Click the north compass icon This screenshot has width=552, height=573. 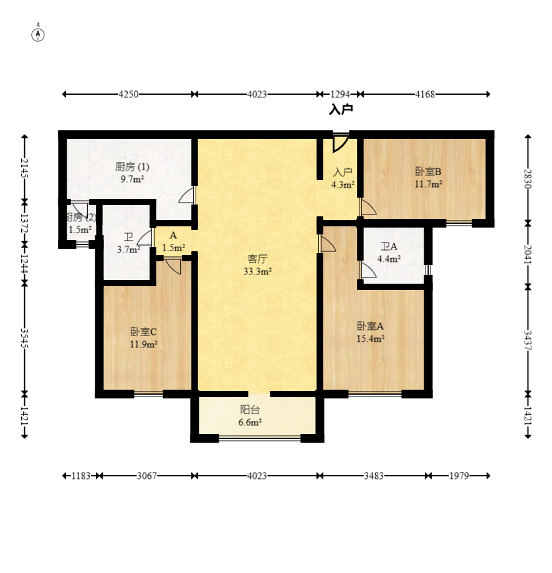tap(38, 33)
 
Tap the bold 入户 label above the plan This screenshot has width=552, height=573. tap(341, 109)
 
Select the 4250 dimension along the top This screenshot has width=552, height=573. tap(128, 94)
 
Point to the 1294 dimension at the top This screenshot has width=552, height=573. tap(340, 94)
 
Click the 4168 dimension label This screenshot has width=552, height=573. tap(425, 94)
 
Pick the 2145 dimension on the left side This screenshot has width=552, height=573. tap(24, 168)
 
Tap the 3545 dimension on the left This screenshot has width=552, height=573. tap(24, 339)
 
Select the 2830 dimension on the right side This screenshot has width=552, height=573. tap(528, 179)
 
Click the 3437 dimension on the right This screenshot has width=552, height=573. tap(528, 340)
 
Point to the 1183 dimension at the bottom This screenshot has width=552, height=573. tap(81, 476)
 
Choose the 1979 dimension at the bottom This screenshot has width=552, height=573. tap(459, 476)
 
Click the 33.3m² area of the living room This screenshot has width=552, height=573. tap(257, 271)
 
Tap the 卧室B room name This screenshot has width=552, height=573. tap(428, 171)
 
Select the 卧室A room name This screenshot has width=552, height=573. tap(370, 326)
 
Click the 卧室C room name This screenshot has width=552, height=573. tap(143, 332)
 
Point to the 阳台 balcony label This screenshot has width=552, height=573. tap(250, 410)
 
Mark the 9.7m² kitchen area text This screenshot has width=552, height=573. tap(132, 180)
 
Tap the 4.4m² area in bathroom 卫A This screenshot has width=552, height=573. tap(389, 259)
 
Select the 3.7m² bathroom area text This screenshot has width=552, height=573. tap(128, 250)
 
